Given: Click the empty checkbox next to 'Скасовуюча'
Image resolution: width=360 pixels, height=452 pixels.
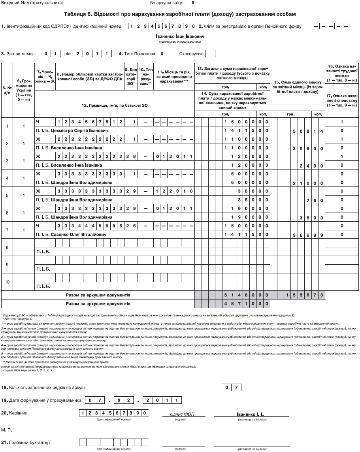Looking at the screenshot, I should pyautogui.click(x=211, y=53).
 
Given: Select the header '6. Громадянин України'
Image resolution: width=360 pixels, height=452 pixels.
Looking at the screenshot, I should pyautogui.click(x=24, y=90).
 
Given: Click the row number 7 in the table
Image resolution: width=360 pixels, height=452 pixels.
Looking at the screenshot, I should pyautogui.click(x=7, y=230).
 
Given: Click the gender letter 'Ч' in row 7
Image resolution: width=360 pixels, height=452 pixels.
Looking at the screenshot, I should pyautogui.click(x=38, y=226).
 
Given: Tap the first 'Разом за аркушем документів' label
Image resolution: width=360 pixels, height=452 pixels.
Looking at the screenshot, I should pyautogui.click(x=98, y=295).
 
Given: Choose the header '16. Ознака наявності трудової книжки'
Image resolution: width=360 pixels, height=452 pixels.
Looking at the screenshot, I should pyautogui.click(x=342, y=73).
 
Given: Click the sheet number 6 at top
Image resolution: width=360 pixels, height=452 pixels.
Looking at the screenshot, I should pyautogui.click(x=192, y=3).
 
